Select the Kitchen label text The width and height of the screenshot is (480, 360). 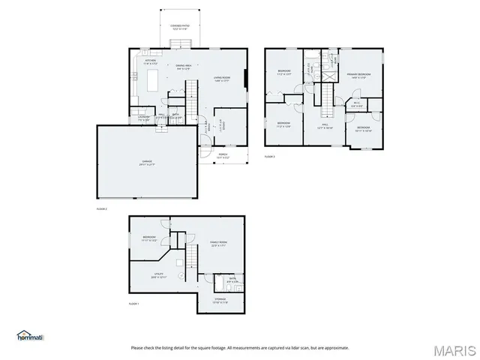(150, 63)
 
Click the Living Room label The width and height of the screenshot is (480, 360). (222, 78)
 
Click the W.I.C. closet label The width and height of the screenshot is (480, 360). (357, 106)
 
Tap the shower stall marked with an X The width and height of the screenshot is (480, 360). (328, 75)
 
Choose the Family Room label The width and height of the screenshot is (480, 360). (218, 244)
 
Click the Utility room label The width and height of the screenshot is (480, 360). (158, 276)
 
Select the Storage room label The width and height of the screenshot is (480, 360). (220, 301)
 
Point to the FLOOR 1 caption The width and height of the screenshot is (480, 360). (134, 304)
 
